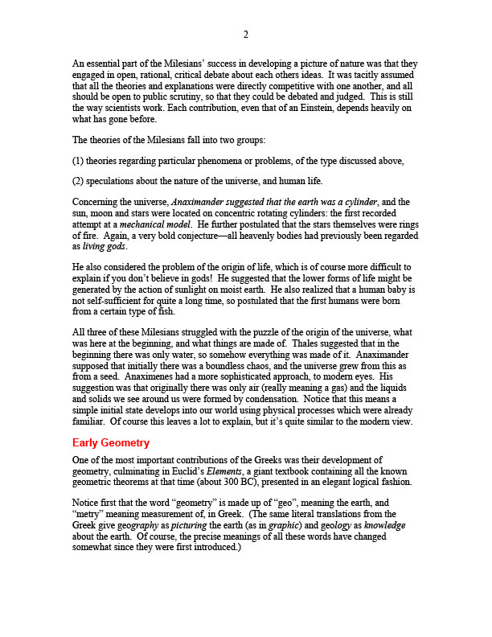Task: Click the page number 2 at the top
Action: (x=246, y=35)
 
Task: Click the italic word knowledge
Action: (x=383, y=524)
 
